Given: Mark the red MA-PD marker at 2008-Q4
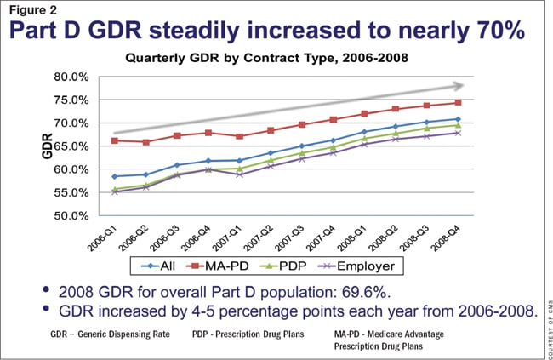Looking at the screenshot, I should click(459, 102).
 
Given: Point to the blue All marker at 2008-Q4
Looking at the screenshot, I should click(459, 119).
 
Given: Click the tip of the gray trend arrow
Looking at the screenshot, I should click(464, 85).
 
